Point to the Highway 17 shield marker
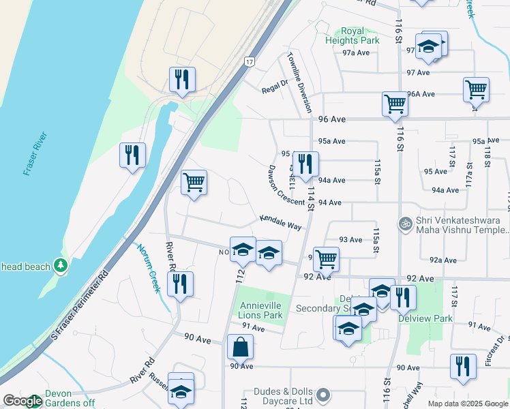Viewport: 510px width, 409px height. pos(250,61)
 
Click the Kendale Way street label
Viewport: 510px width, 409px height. pos(280,222)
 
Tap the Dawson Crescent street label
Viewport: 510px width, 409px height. pos(285,185)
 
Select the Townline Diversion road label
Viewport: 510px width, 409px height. pos(299,82)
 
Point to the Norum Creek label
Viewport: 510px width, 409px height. pos(149,268)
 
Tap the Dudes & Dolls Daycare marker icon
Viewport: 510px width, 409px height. pos(325,395)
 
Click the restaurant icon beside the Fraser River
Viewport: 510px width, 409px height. pos(132,155)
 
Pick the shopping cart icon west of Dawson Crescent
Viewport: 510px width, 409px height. pos(194,183)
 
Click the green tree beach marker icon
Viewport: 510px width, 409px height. pos(61,265)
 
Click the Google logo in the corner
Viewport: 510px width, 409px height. pos(22,401)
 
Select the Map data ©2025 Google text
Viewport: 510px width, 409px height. pos(468,404)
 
